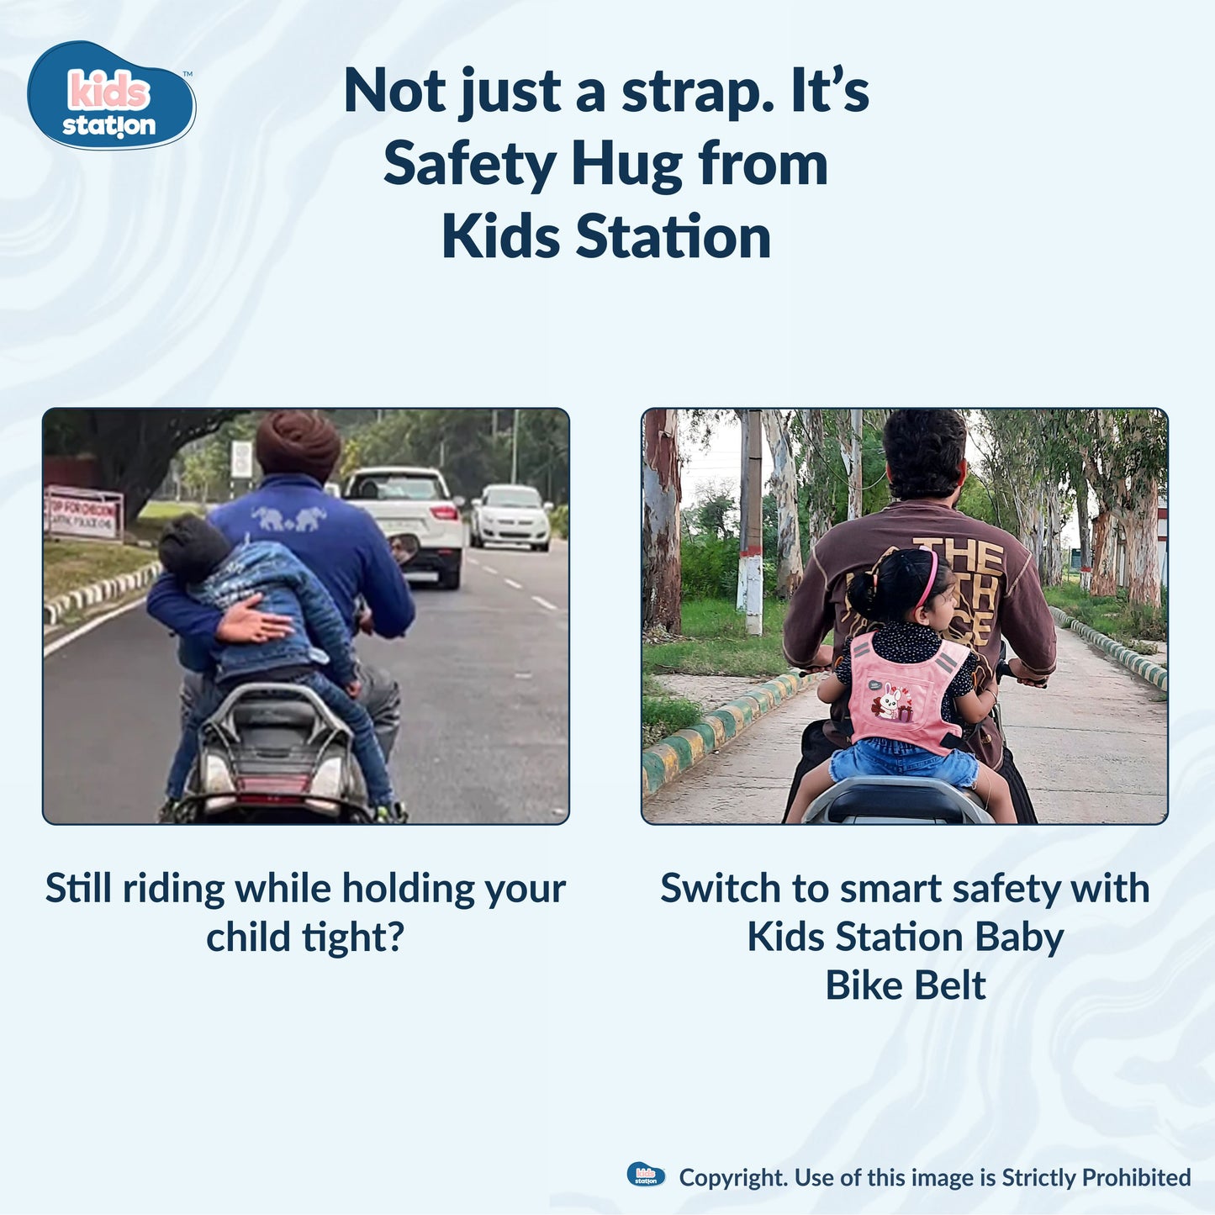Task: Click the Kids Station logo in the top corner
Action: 110,96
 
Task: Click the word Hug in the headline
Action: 627,164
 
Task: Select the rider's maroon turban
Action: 298,444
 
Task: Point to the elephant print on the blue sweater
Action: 288,518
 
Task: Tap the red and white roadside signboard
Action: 83,513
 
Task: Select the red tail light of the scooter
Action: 275,784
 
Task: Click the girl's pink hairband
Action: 929,577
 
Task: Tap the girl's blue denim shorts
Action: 904,761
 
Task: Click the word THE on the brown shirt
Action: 961,556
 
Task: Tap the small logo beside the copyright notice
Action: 646,1175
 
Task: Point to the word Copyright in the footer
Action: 732,1178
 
